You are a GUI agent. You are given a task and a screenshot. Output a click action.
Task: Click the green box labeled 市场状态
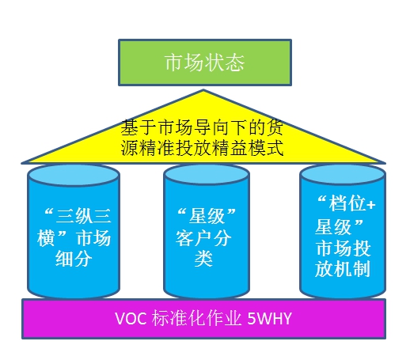coord(205,63)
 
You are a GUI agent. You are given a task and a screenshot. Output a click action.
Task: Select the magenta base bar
coord(203,319)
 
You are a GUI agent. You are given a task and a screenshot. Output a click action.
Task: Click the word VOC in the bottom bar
coord(131,319)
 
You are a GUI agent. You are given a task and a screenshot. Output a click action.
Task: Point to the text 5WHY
coord(269,319)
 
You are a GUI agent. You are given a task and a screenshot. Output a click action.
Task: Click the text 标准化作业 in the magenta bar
coord(196,319)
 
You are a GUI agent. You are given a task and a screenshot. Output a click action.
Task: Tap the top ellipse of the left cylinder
coord(74,175)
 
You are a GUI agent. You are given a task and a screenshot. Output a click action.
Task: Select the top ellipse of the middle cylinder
coord(207,174)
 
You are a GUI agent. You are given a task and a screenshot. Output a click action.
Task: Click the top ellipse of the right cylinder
coord(343,174)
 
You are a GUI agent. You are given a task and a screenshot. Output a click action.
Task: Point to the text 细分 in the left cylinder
coord(74,259)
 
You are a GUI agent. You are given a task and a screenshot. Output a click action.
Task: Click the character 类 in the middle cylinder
coord(203,259)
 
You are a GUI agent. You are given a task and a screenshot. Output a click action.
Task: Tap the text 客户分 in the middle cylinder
coord(203,238)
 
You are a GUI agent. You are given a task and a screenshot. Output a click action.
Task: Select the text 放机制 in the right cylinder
coord(343,269)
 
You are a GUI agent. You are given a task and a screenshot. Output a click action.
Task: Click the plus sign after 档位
coord(371,205)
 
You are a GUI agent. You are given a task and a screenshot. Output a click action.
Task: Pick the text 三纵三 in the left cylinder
coord(84,216)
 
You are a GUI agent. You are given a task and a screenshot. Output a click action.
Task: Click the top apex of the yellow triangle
coord(203,90)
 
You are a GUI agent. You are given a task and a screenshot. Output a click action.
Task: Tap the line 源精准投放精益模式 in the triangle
coord(202,148)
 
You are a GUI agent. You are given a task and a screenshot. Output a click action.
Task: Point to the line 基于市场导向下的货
coord(202,127)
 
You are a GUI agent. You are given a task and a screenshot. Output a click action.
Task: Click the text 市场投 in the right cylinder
coord(344,248)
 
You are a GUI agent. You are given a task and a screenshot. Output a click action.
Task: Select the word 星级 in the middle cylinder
coord(207,216)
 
